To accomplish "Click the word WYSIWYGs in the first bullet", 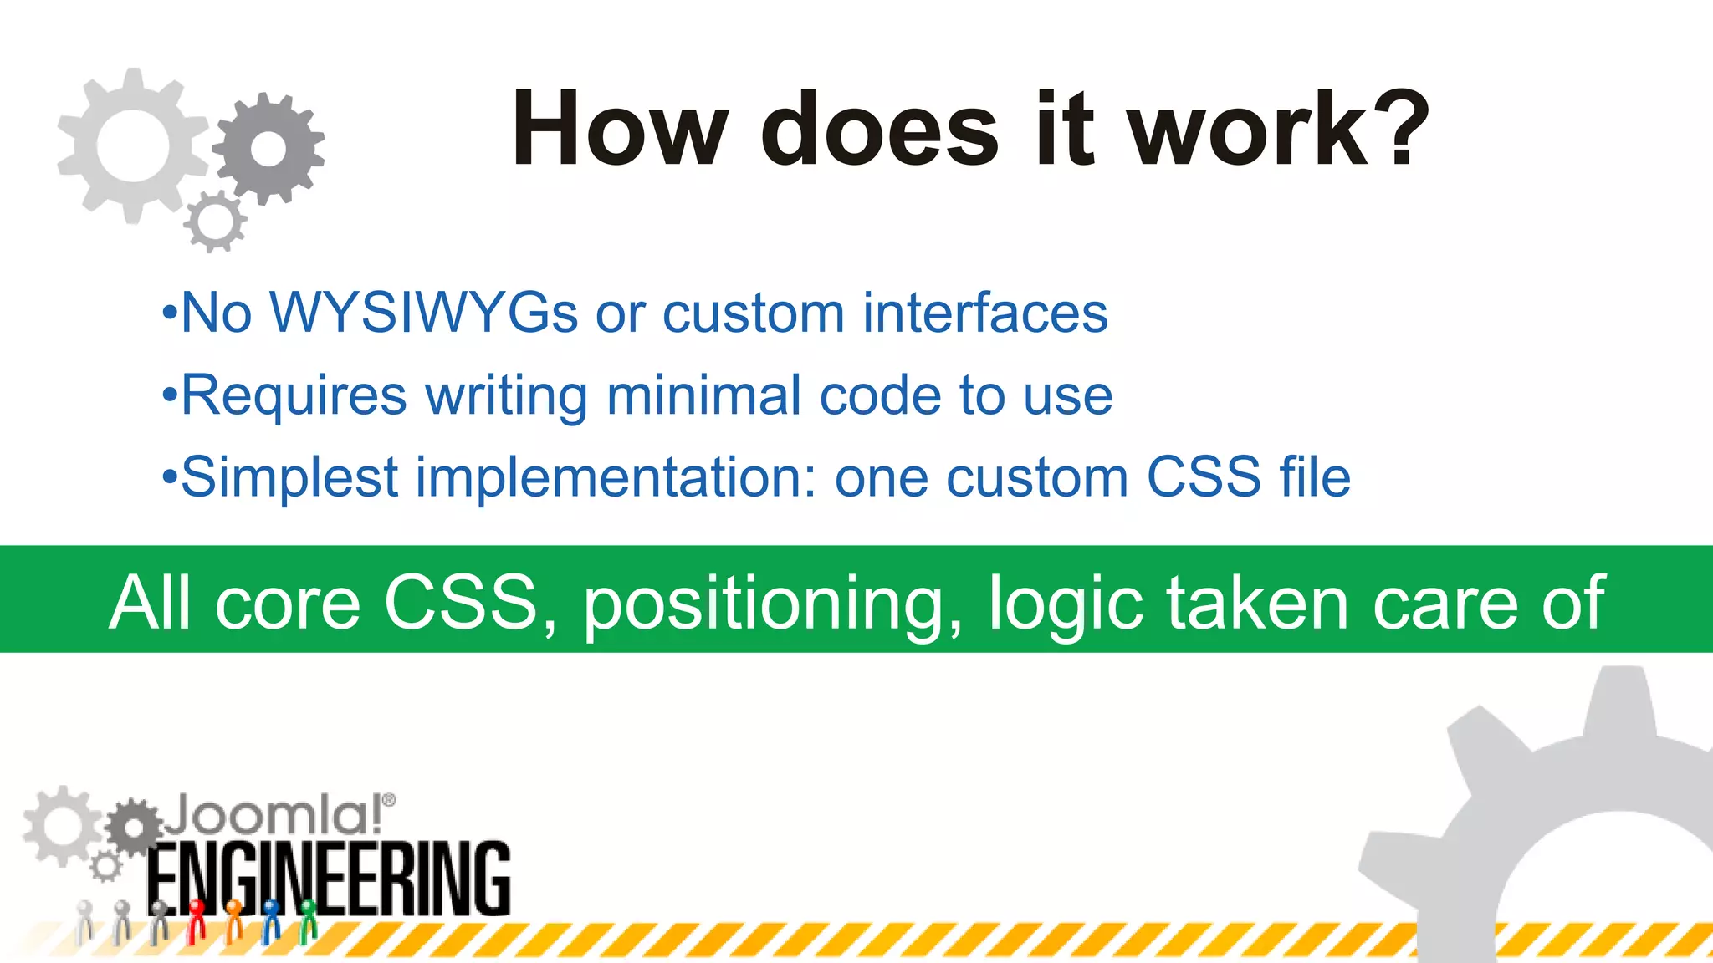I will tap(424, 313).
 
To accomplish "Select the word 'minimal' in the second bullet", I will tap(703, 395).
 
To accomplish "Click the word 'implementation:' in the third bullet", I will tap(616, 477).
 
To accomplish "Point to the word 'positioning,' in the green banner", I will tap(773, 604).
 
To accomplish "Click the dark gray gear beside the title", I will tap(268, 149).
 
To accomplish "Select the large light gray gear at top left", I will tap(132, 145).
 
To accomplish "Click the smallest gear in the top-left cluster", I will tap(216, 222).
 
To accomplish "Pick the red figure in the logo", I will tap(197, 920).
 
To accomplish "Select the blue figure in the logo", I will tap(271, 920).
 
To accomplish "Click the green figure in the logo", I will tap(308, 920).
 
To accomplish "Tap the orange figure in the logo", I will tap(234, 920).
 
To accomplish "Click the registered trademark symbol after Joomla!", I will tap(389, 801).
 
